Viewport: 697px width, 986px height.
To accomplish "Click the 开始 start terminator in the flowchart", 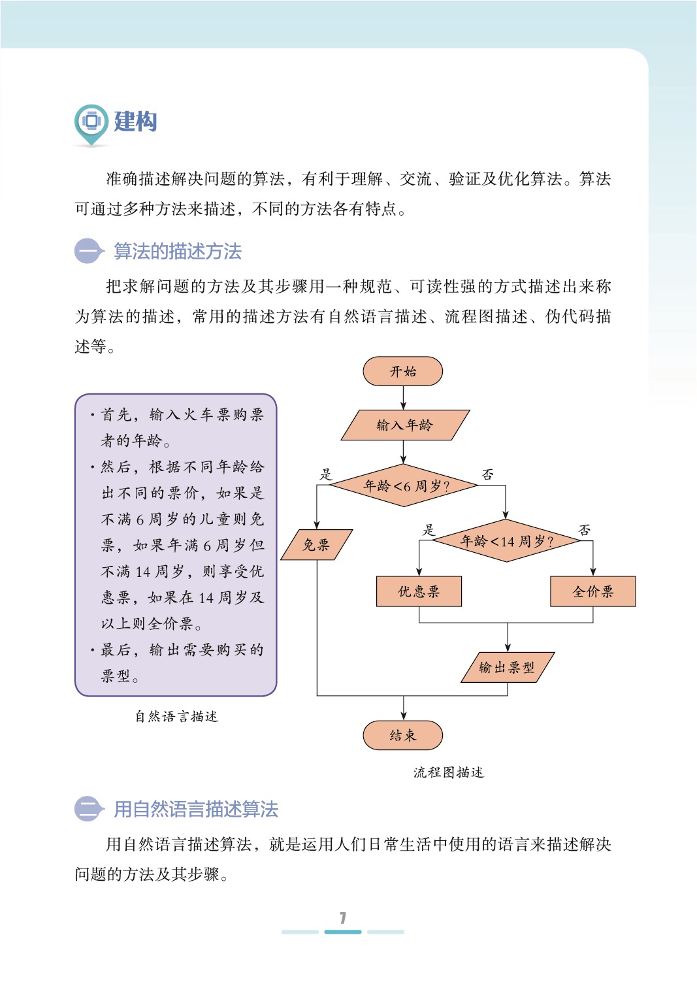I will pyautogui.click(x=402, y=371).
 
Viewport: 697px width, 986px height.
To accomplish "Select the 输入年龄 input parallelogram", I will pyautogui.click(x=405, y=425).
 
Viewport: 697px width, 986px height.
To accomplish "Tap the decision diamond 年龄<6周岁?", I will pyautogui.click(x=405, y=485).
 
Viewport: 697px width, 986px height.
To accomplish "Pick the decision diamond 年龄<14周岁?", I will pyautogui.click(x=506, y=541).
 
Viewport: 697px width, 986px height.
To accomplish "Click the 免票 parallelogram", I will pyautogui.click(x=317, y=544).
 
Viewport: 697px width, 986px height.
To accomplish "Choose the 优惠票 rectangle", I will pyautogui.click(x=419, y=591).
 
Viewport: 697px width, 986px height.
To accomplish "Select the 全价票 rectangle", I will pyautogui.click(x=592, y=591).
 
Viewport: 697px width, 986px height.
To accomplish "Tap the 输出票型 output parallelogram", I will pyautogui.click(x=508, y=667).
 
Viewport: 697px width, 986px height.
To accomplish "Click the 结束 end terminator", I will pyautogui.click(x=402, y=735).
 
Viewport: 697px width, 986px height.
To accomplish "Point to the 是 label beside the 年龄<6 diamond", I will pyautogui.click(x=325, y=474).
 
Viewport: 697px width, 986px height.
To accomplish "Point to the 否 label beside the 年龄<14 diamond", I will pyautogui.click(x=585, y=530).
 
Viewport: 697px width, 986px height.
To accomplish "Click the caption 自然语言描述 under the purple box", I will pyautogui.click(x=176, y=716).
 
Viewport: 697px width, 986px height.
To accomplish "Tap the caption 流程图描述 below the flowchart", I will pyautogui.click(x=448, y=772).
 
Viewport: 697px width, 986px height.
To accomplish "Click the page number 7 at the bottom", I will pyautogui.click(x=343, y=917).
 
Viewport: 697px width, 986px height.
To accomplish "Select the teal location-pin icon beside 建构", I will pyautogui.click(x=91, y=123).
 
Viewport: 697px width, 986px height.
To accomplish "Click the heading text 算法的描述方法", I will pyautogui.click(x=178, y=252).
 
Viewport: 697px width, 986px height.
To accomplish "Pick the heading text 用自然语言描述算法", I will pyautogui.click(x=196, y=810).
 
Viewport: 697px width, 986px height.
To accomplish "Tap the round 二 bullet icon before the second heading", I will pyautogui.click(x=88, y=809).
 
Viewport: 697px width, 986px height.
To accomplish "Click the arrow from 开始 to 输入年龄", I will pyautogui.click(x=403, y=397).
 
